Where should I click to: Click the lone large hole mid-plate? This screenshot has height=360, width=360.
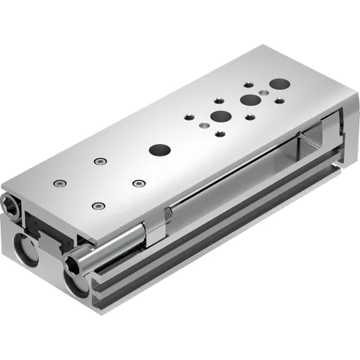click(x=157, y=149)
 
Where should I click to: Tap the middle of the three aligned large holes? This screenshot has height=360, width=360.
click(x=251, y=101)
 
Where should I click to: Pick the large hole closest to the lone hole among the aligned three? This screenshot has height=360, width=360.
click(x=219, y=116)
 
